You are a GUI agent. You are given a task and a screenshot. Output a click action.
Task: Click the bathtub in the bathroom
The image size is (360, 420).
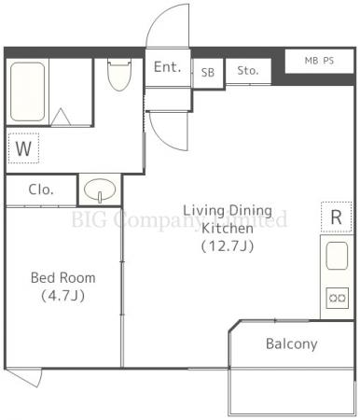(27, 91)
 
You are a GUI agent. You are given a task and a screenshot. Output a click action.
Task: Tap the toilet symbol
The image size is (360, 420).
(119, 75)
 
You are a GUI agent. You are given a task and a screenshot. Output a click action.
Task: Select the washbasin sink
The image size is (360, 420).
(100, 189)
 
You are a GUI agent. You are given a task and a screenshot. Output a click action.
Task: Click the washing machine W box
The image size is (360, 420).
(23, 148)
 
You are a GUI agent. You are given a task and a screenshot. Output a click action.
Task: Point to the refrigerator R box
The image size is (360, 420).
(337, 217)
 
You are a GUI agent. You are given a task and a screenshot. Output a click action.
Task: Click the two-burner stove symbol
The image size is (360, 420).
(338, 298)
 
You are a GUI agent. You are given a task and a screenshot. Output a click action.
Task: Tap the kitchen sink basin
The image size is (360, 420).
(337, 256)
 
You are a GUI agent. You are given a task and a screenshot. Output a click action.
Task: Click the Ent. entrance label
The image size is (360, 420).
(167, 67)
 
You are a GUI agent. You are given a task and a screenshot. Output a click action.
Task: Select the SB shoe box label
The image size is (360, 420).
(208, 73)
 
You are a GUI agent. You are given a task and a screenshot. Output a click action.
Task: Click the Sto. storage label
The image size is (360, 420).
(248, 71)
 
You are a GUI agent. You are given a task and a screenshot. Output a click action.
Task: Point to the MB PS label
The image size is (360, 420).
(319, 61)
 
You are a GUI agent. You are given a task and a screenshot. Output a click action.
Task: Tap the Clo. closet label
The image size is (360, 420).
(41, 189)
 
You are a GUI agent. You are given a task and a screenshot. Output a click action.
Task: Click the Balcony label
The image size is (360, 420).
(292, 343)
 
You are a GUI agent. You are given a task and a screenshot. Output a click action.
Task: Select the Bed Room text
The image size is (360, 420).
(63, 278)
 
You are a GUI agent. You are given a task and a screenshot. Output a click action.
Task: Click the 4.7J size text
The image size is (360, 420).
(63, 295)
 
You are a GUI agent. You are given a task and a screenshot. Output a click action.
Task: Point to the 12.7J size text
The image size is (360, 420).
(228, 246)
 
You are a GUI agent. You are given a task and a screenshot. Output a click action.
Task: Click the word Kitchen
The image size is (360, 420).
(228, 229)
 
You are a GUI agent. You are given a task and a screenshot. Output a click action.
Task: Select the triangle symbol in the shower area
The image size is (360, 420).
(61, 117)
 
